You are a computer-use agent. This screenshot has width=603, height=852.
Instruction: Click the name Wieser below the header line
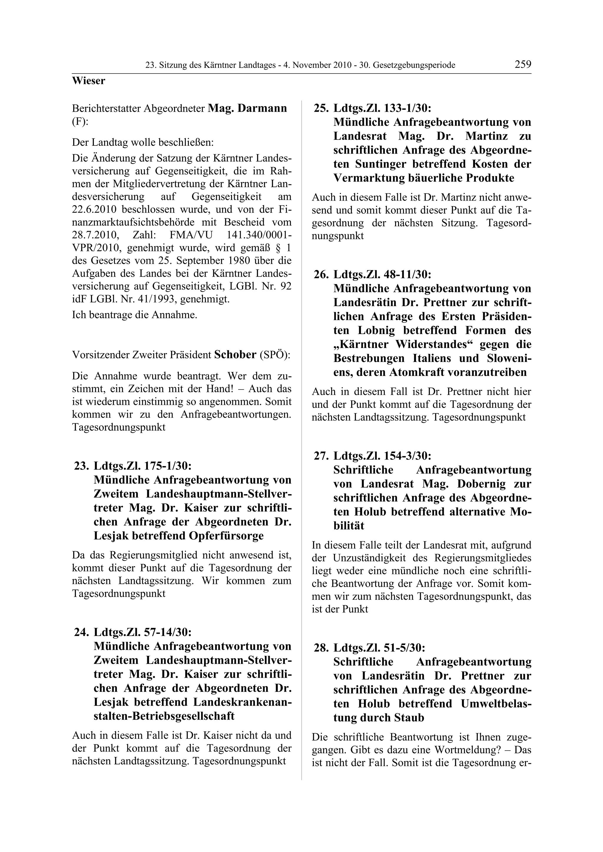pos(88,81)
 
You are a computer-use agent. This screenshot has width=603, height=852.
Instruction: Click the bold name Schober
pos(235,355)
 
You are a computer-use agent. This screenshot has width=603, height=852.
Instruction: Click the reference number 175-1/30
pos(166,466)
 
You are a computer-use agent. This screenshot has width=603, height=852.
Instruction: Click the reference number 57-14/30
pos(166,632)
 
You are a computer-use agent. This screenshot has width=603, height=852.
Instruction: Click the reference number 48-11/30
pos(405,275)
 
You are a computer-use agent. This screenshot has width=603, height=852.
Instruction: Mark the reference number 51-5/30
pos(402,648)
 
